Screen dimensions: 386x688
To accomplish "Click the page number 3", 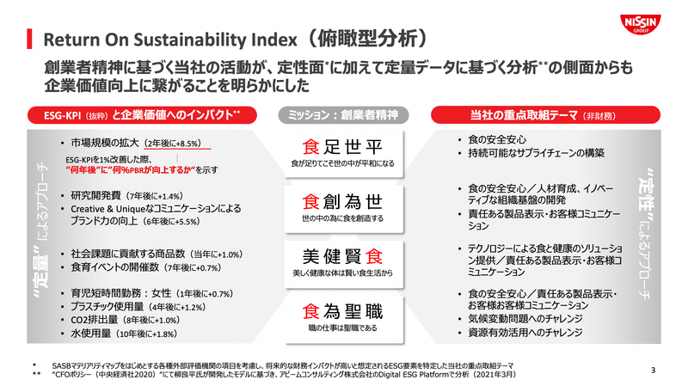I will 654,371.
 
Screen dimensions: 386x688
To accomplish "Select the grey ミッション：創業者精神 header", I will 343,115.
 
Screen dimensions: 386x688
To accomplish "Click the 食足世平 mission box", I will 343,149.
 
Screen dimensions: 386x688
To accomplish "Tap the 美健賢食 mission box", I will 343,260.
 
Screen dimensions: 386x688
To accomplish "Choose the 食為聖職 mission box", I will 343,315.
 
